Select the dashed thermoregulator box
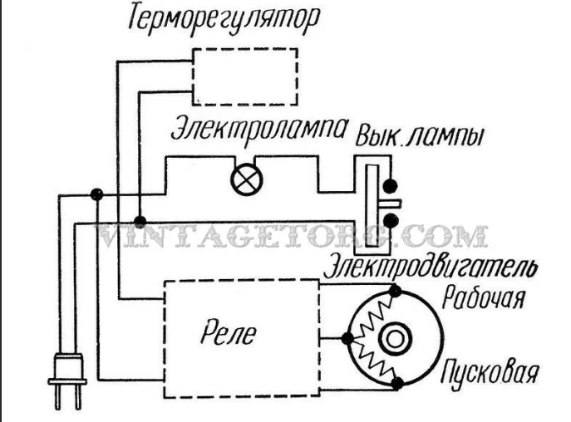coord(244,73)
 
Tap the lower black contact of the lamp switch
coord(389,220)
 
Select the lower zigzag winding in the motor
coord(372,361)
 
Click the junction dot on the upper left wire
coord(96,194)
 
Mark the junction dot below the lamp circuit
coord(140,223)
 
